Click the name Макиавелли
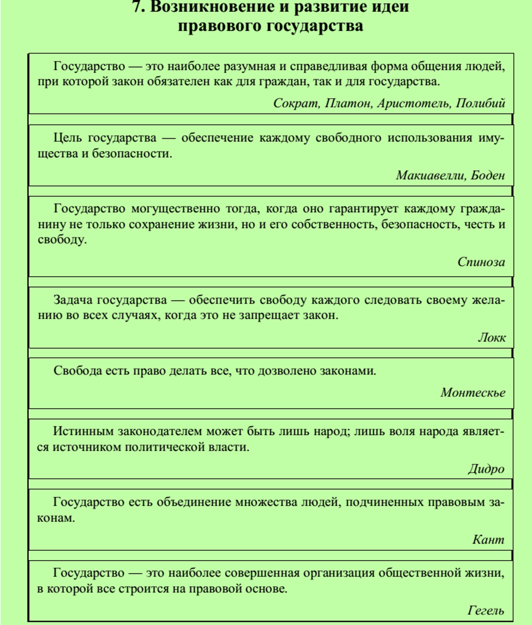428,176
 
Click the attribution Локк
491,337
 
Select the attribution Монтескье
473,392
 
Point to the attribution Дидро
485,468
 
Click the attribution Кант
489,540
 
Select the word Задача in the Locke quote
74,301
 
